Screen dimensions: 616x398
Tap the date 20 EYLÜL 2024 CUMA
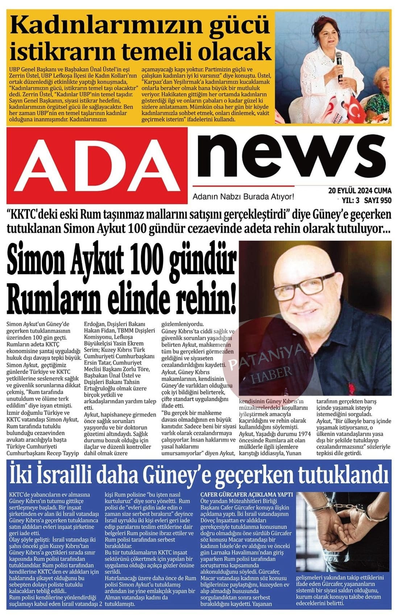(360, 191)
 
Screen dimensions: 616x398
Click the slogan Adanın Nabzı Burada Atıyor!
(243, 197)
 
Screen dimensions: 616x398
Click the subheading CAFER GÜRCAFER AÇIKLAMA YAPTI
(246, 494)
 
